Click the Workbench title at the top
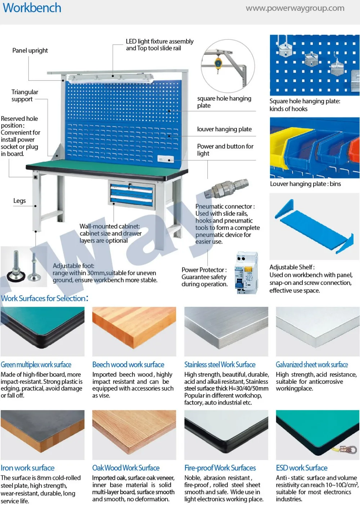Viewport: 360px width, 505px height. click(32, 8)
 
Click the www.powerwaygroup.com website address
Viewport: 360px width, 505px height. click(295, 8)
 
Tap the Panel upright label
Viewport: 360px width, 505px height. click(30, 51)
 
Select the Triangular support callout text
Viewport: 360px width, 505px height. click(24, 96)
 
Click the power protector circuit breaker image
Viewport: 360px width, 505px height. click(246, 274)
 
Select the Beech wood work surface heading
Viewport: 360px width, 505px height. click(128, 365)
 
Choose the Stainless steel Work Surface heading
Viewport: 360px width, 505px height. click(220, 365)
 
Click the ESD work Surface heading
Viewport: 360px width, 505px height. click(302, 468)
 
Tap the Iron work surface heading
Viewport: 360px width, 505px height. click(28, 468)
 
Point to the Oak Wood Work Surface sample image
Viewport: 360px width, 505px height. click(134, 435)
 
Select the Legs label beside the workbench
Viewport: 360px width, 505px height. click(19, 201)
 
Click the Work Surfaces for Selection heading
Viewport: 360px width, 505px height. click(44, 299)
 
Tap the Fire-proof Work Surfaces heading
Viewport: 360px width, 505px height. click(220, 468)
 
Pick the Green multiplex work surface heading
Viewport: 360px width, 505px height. click(36, 365)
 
